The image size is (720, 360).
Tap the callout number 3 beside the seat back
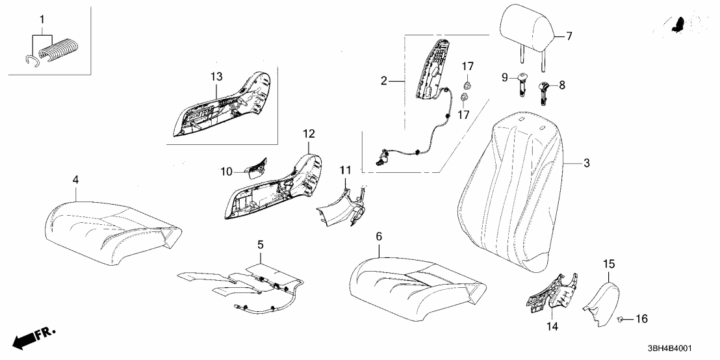(x=586, y=164)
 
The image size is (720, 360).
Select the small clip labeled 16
(x=622, y=319)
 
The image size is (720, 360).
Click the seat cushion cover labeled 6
(x=416, y=279)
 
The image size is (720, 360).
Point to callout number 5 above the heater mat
(x=260, y=246)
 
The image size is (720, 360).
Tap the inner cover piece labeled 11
(x=341, y=205)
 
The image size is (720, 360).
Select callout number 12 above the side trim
(x=309, y=134)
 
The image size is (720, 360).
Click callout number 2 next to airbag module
(x=384, y=81)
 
